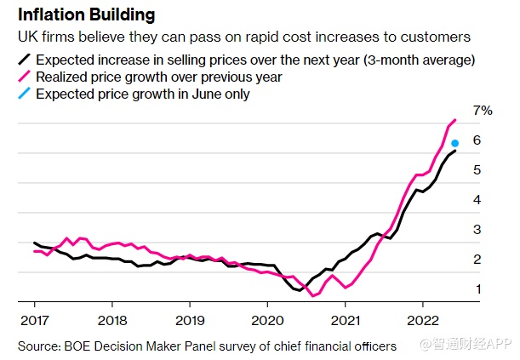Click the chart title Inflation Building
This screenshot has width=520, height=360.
[84, 15]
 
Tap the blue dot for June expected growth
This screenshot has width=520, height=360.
[455, 143]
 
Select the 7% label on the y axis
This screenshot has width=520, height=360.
[483, 111]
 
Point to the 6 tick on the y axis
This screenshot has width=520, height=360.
[477, 140]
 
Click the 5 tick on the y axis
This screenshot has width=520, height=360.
[477, 170]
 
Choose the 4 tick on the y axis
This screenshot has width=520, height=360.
[477, 200]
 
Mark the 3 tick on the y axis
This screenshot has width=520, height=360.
[477, 230]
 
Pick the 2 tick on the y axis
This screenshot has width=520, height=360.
[477, 260]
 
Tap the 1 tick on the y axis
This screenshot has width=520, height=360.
[477, 289]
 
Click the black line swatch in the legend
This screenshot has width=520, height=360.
[25, 60]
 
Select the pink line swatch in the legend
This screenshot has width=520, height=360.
[25, 77]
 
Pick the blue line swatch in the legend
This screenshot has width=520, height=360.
[25, 94]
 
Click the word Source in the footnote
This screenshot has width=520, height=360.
[38, 346]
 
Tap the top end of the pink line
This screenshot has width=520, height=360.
[456, 120]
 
